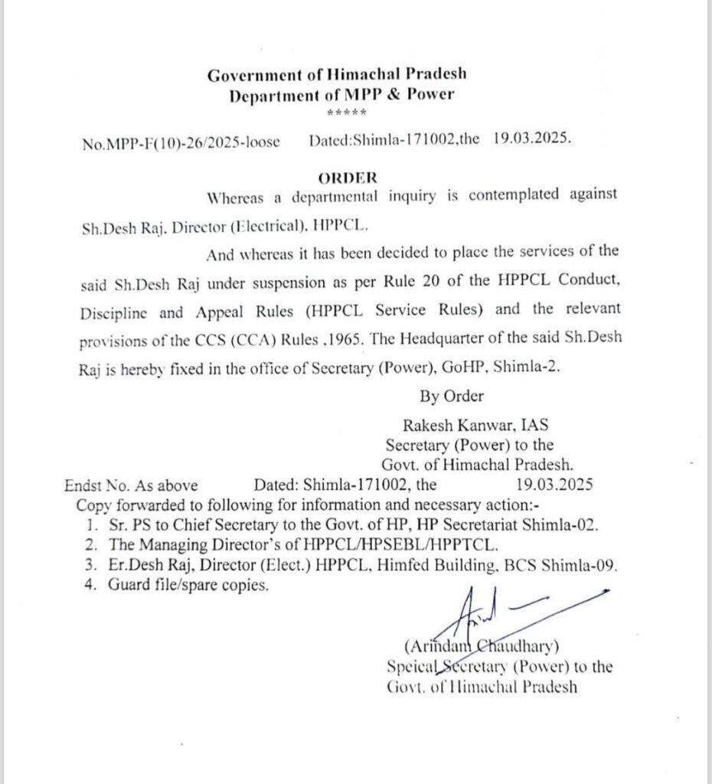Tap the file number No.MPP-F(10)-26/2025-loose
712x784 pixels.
(180, 142)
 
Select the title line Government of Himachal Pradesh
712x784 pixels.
(337, 75)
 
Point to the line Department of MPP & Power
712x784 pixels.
(341, 95)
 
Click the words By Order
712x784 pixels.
(452, 396)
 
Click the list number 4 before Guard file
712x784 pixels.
(91, 586)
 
